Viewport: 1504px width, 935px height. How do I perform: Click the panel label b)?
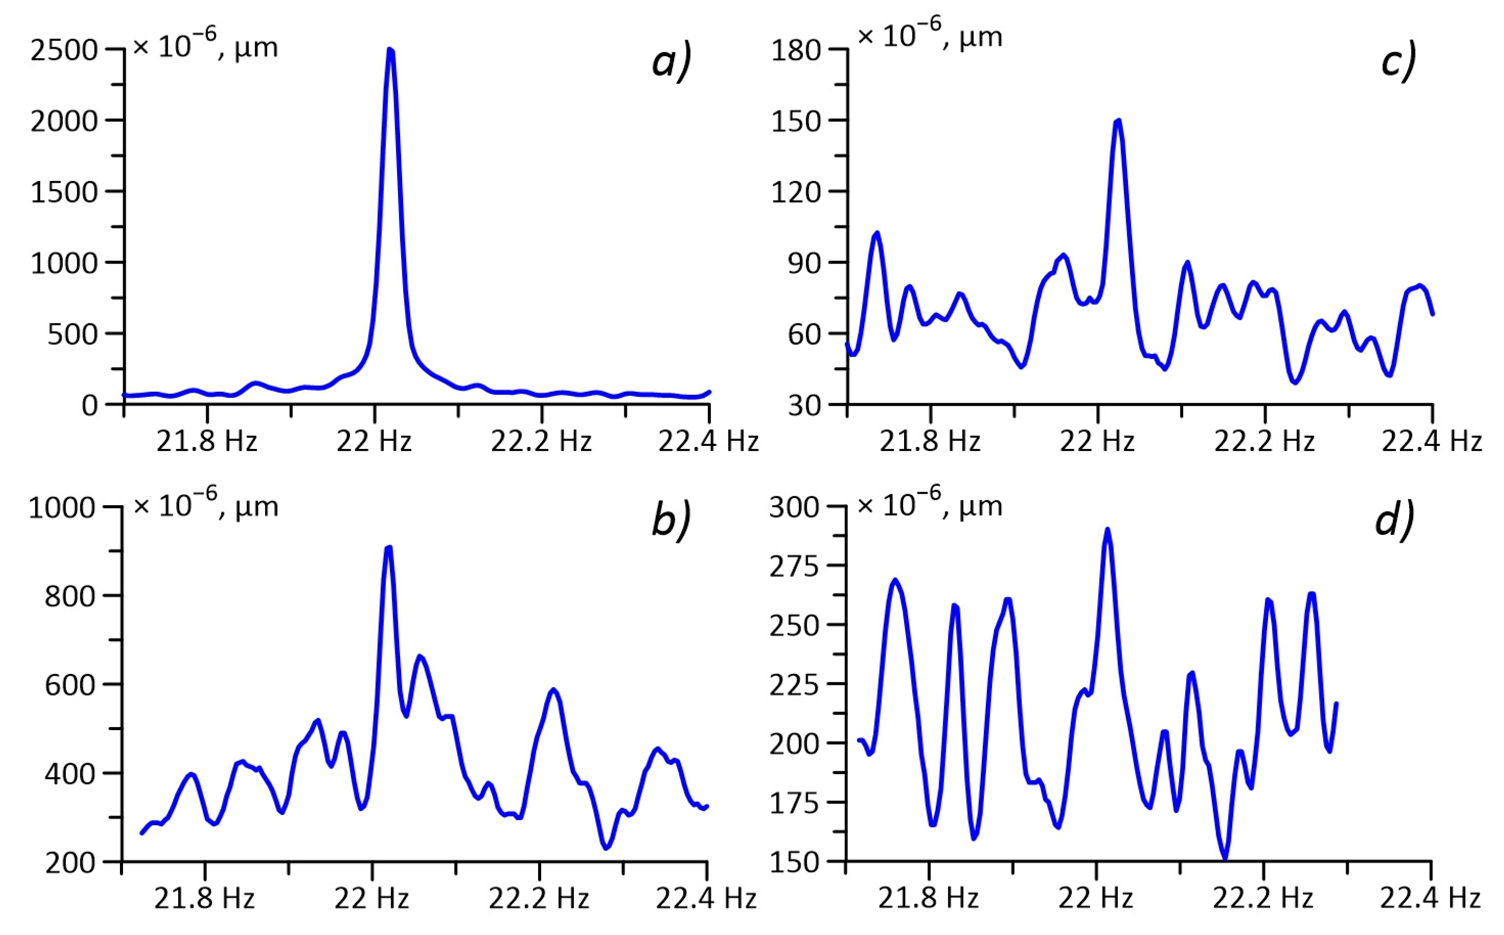(x=671, y=522)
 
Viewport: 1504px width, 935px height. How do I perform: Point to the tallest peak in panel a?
(x=390, y=50)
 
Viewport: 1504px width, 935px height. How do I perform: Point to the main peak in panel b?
(x=388, y=548)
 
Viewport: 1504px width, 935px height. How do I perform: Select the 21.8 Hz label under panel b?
(x=204, y=898)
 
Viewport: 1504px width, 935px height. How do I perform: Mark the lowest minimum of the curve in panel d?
(x=1224, y=857)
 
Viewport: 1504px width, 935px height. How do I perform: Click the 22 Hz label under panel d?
(x=1095, y=898)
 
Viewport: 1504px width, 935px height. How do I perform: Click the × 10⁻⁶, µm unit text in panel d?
(x=929, y=504)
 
